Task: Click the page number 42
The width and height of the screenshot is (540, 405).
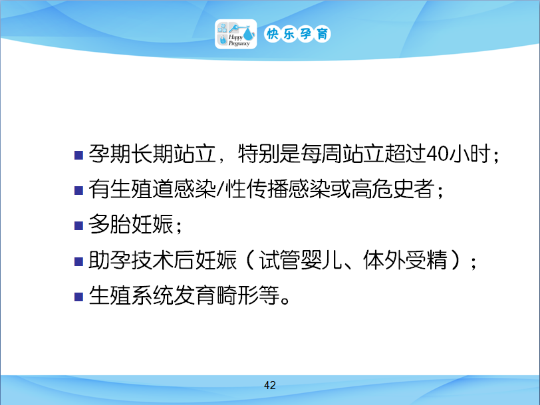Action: tap(269, 385)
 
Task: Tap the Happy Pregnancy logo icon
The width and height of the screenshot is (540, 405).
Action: tap(236, 34)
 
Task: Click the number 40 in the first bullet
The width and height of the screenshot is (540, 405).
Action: tap(437, 154)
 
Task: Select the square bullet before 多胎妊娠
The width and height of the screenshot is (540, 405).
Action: tap(79, 225)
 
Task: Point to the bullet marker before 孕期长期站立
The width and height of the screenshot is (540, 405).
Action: tap(79, 155)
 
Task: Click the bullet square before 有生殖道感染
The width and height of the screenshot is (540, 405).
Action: tap(79, 190)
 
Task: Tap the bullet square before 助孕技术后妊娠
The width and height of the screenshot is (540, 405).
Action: tap(79, 261)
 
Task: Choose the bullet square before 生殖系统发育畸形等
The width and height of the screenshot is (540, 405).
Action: tap(79, 297)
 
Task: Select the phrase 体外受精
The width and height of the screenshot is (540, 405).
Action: tap(406, 259)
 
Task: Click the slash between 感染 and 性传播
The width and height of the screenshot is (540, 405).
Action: tap(220, 189)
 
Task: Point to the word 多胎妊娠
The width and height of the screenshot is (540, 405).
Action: tap(130, 224)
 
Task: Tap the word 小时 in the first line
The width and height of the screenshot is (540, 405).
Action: tap(469, 154)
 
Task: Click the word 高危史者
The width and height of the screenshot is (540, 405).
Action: tap(392, 189)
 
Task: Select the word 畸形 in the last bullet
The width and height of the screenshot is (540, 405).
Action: tap(237, 295)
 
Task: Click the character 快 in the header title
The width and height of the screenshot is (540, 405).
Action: tap(273, 34)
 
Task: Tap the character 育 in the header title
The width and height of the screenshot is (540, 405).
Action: tap(323, 34)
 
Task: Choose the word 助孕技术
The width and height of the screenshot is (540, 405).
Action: tap(130, 259)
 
